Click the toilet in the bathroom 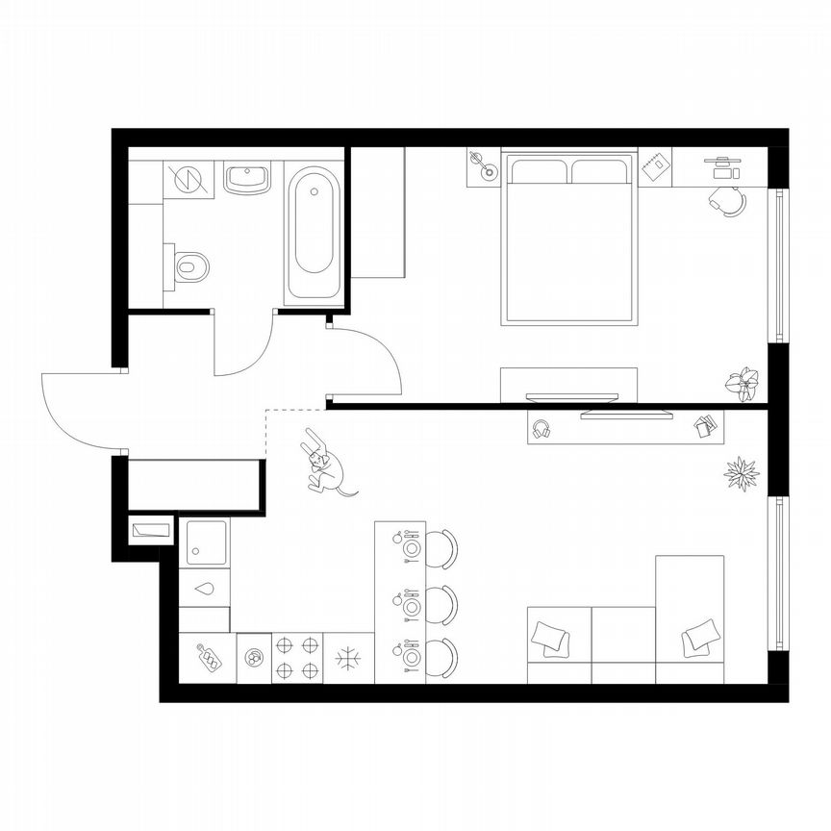[190, 266]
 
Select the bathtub [314, 231]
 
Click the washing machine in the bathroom [189, 179]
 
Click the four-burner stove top [297, 658]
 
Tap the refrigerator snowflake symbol [346, 659]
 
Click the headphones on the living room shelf [541, 428]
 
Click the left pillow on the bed [539, 172]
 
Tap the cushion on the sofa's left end [550, 637]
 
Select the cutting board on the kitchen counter [207, 658]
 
